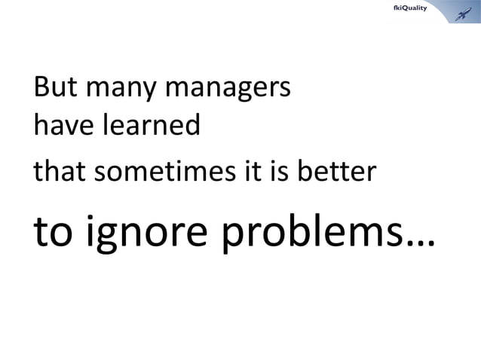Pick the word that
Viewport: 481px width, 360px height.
[59, 173]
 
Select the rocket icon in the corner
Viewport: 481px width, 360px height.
[458, 11]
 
